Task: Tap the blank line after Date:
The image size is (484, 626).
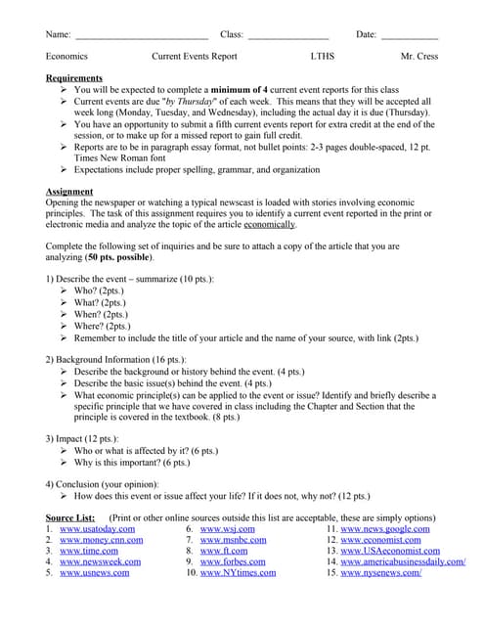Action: coord(409,36)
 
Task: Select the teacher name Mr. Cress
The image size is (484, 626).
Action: coord(419,57)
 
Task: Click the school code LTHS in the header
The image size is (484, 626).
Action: coord(322,57)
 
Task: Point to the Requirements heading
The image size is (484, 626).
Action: coord(74,77)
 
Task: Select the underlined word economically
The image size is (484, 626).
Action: coord(269,224)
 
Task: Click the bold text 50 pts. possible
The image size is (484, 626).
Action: coord(119,257)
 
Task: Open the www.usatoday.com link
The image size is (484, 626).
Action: coord(97,529)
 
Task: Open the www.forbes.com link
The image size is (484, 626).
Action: coord(235,561)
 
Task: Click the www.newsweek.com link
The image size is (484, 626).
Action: coord(100,561)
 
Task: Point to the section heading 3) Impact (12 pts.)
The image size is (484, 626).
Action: coord(82,439)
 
